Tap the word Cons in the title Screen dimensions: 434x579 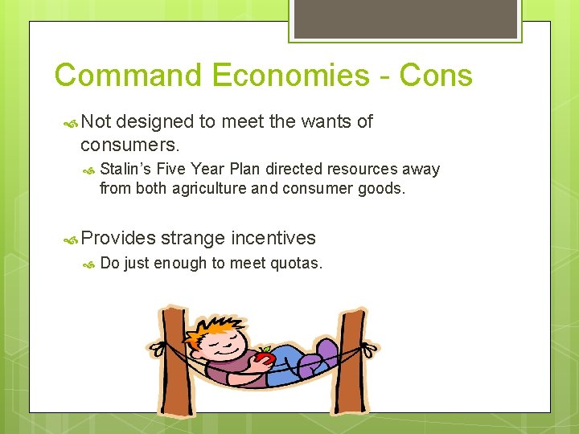click(x=434, y=76)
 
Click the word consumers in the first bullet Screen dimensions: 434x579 click(x=129, y=145)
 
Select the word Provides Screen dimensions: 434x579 click(x=118, y=238)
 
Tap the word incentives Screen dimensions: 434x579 click(x=273, y=238)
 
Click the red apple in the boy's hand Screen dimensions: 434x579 click(x=265, y=357)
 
